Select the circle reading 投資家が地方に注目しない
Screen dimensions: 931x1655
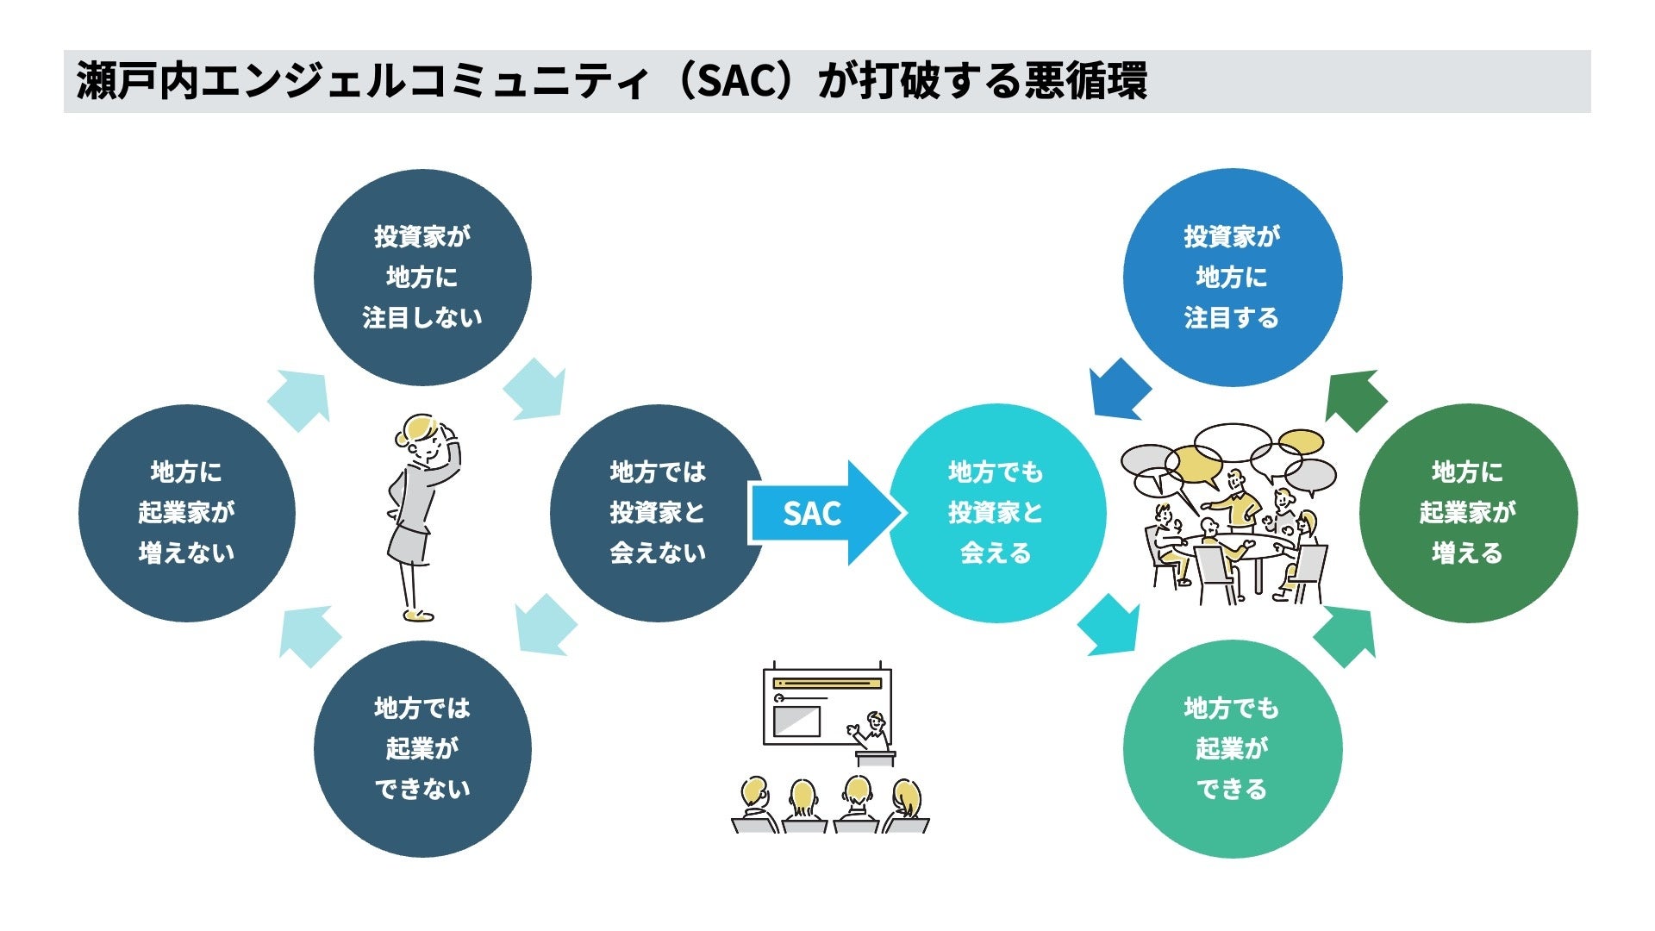click(x=422, y=278)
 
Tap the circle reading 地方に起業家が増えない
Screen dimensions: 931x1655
click(x=186, y=513)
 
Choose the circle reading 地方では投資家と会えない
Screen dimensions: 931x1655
click(x=657, y=513)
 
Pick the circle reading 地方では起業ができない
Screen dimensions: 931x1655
click(x=422, y=748)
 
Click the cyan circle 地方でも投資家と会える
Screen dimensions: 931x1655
click(x=996, y=513)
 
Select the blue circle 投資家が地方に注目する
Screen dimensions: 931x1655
click(x=1232, y=278)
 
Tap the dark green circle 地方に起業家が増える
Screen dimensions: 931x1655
click(x=1467, y=513)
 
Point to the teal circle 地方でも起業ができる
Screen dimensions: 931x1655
click(x=1232, y=748)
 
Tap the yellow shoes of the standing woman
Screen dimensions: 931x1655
click(x=418, y=615)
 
